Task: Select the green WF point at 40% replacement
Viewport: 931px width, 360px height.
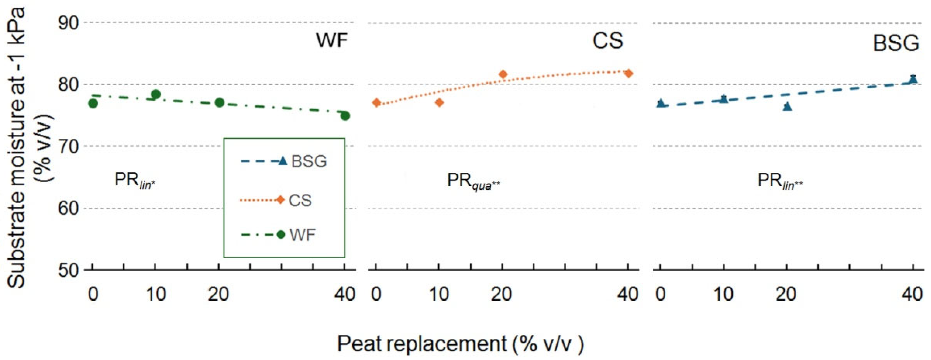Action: [345, 116]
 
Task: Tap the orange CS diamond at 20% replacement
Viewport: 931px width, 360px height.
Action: [503, 74]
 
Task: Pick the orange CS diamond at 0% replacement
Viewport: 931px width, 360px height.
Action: [377, 103]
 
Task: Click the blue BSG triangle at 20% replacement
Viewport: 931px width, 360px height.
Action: [787, 106]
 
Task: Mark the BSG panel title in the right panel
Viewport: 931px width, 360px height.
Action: [895, 43]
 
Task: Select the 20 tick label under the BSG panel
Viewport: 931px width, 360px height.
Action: [786, 294]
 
